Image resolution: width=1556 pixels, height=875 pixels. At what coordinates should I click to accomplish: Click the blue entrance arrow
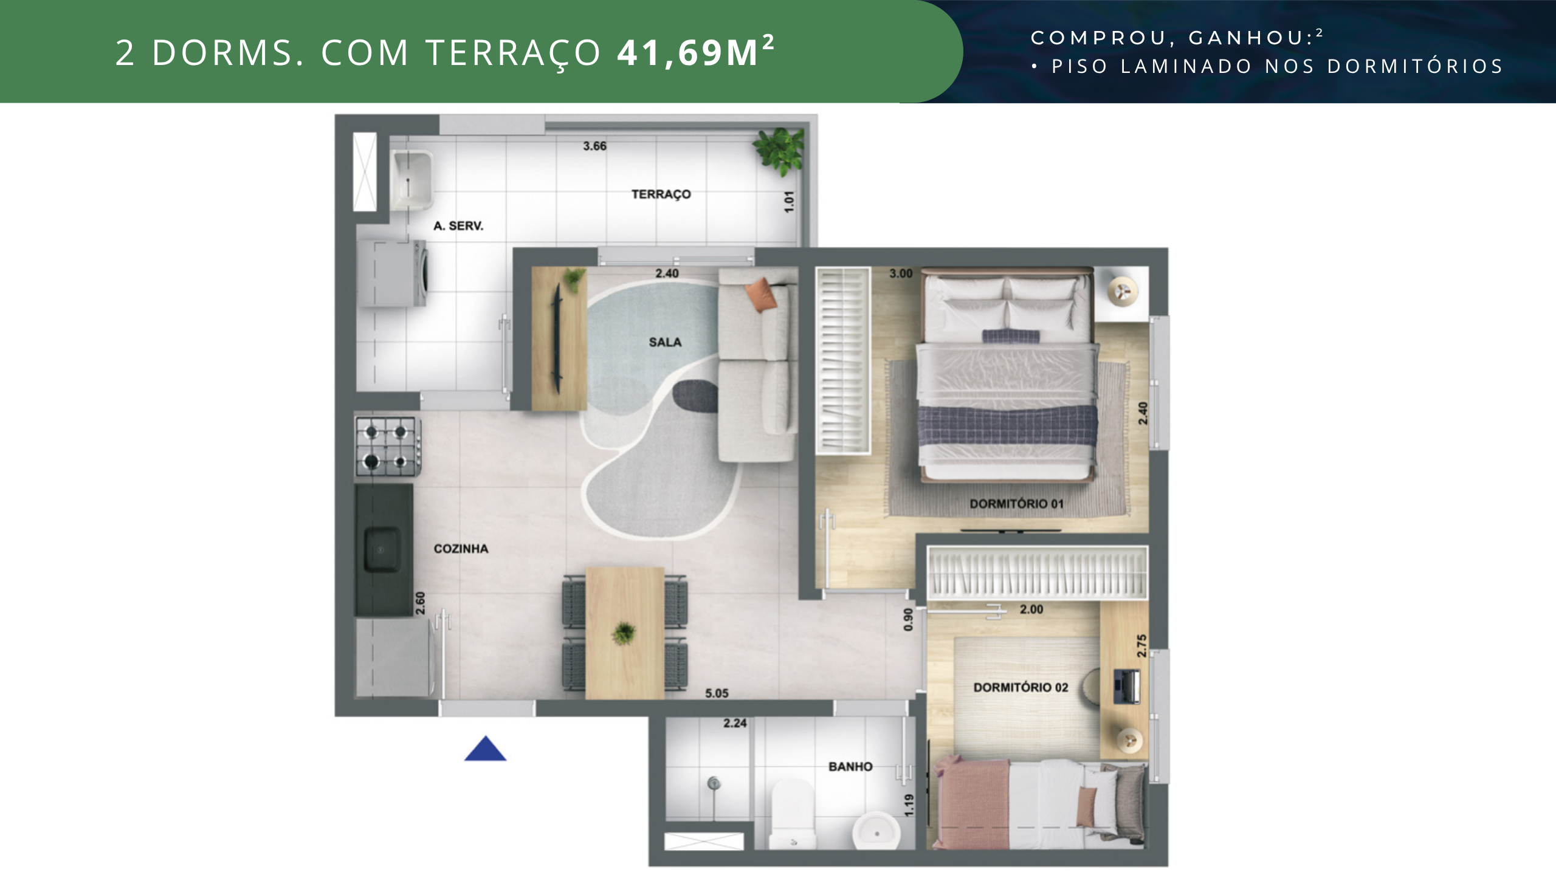pos(485,749)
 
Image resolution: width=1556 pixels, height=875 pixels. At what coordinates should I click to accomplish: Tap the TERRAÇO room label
pos(661,194)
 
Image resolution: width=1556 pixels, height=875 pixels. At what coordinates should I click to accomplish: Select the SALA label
pos(665,342)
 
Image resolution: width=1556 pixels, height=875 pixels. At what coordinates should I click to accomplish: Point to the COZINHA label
pos(461,549)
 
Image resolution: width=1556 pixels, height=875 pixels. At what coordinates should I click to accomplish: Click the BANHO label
pos(850,767)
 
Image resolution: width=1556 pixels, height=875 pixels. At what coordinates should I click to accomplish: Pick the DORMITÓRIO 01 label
pos(1016,504)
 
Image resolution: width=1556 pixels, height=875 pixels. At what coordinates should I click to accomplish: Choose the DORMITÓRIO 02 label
pos(1021,687)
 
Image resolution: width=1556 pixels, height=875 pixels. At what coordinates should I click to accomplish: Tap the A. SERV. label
pos(458,226)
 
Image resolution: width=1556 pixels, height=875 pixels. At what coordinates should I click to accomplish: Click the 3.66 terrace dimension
pos(594,146)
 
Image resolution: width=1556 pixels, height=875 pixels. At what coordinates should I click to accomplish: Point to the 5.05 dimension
pos(717,693)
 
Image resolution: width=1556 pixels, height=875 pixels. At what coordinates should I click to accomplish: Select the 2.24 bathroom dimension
pos(735,723)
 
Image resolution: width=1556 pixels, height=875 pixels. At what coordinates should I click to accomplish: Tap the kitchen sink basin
pos(382,549)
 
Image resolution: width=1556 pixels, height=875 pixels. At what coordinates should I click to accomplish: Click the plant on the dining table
pos(624,633)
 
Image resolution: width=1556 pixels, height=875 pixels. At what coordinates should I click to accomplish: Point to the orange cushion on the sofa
pos(761,294)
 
